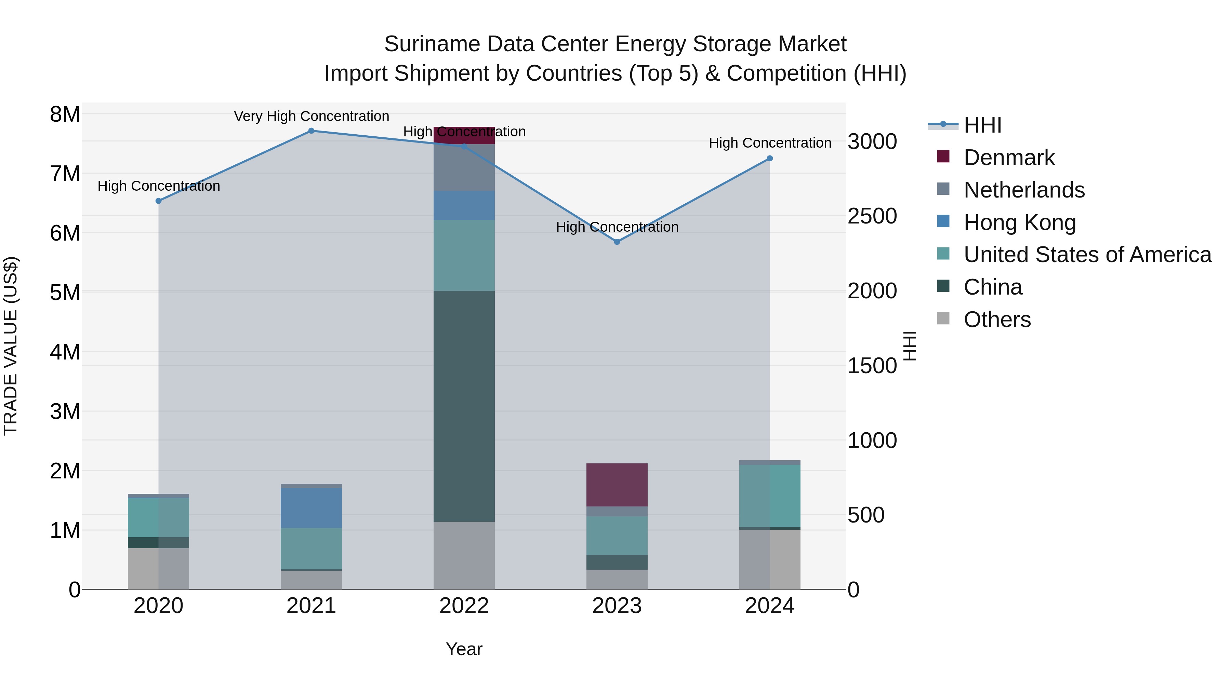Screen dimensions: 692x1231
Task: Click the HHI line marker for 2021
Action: click(x=311, y=131)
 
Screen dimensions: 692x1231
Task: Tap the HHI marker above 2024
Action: click(x=769, y=159)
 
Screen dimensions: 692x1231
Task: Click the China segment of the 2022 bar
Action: click(x=464, y=406)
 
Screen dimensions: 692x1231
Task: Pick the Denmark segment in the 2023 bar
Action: click(x=617, y=485)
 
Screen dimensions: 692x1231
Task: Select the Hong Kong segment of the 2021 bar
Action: click(x=311, y=508)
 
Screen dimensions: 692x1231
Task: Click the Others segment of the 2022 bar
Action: click(x=464, y=555)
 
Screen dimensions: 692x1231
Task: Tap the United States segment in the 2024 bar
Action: click(x=769, y=496)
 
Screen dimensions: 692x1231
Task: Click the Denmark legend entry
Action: click(x=1009, y=158)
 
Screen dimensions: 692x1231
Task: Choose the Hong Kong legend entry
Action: click(x=1019, y=222)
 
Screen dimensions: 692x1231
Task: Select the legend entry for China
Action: click(x=993, y=287)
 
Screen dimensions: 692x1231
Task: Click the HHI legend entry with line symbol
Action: click(x=982, y=125)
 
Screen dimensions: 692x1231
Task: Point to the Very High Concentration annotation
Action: click(x=312, y=117)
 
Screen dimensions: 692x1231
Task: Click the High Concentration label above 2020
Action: click(x=159, y=186)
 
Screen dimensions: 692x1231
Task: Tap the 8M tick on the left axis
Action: click(x=65, y=114)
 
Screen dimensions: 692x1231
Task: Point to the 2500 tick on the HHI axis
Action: click(x=872, y=216)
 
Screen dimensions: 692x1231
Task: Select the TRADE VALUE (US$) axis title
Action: click(x=11, y=346)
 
